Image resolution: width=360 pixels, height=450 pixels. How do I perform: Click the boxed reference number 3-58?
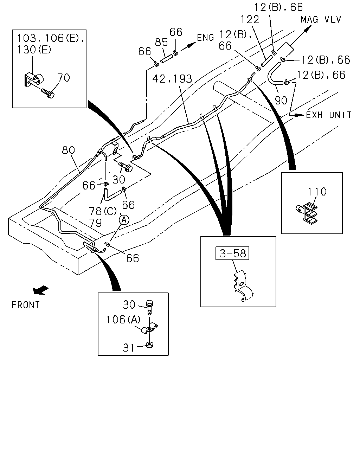point(232,253)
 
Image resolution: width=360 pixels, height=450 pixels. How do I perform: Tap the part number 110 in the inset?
point(317,192)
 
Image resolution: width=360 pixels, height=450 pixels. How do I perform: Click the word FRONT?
point(26,305)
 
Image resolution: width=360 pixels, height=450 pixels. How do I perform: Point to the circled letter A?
point(124,220)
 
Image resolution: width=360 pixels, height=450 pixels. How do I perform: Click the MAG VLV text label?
point(321,20)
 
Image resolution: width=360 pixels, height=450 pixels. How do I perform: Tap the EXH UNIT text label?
point(329,115)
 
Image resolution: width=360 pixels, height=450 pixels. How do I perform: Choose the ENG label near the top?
point(205,38)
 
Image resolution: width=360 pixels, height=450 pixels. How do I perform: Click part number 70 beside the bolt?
point(64,78)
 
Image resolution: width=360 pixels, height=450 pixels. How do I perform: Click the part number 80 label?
point(69,150)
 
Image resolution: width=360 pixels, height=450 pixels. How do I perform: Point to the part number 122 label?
point(250,20)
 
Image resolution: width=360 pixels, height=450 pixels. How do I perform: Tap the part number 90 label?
point(281,101)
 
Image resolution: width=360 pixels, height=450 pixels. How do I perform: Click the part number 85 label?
point(161,42)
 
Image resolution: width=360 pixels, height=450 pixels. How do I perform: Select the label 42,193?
point(172,79)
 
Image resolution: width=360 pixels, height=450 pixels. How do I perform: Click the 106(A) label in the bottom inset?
point(123,320)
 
